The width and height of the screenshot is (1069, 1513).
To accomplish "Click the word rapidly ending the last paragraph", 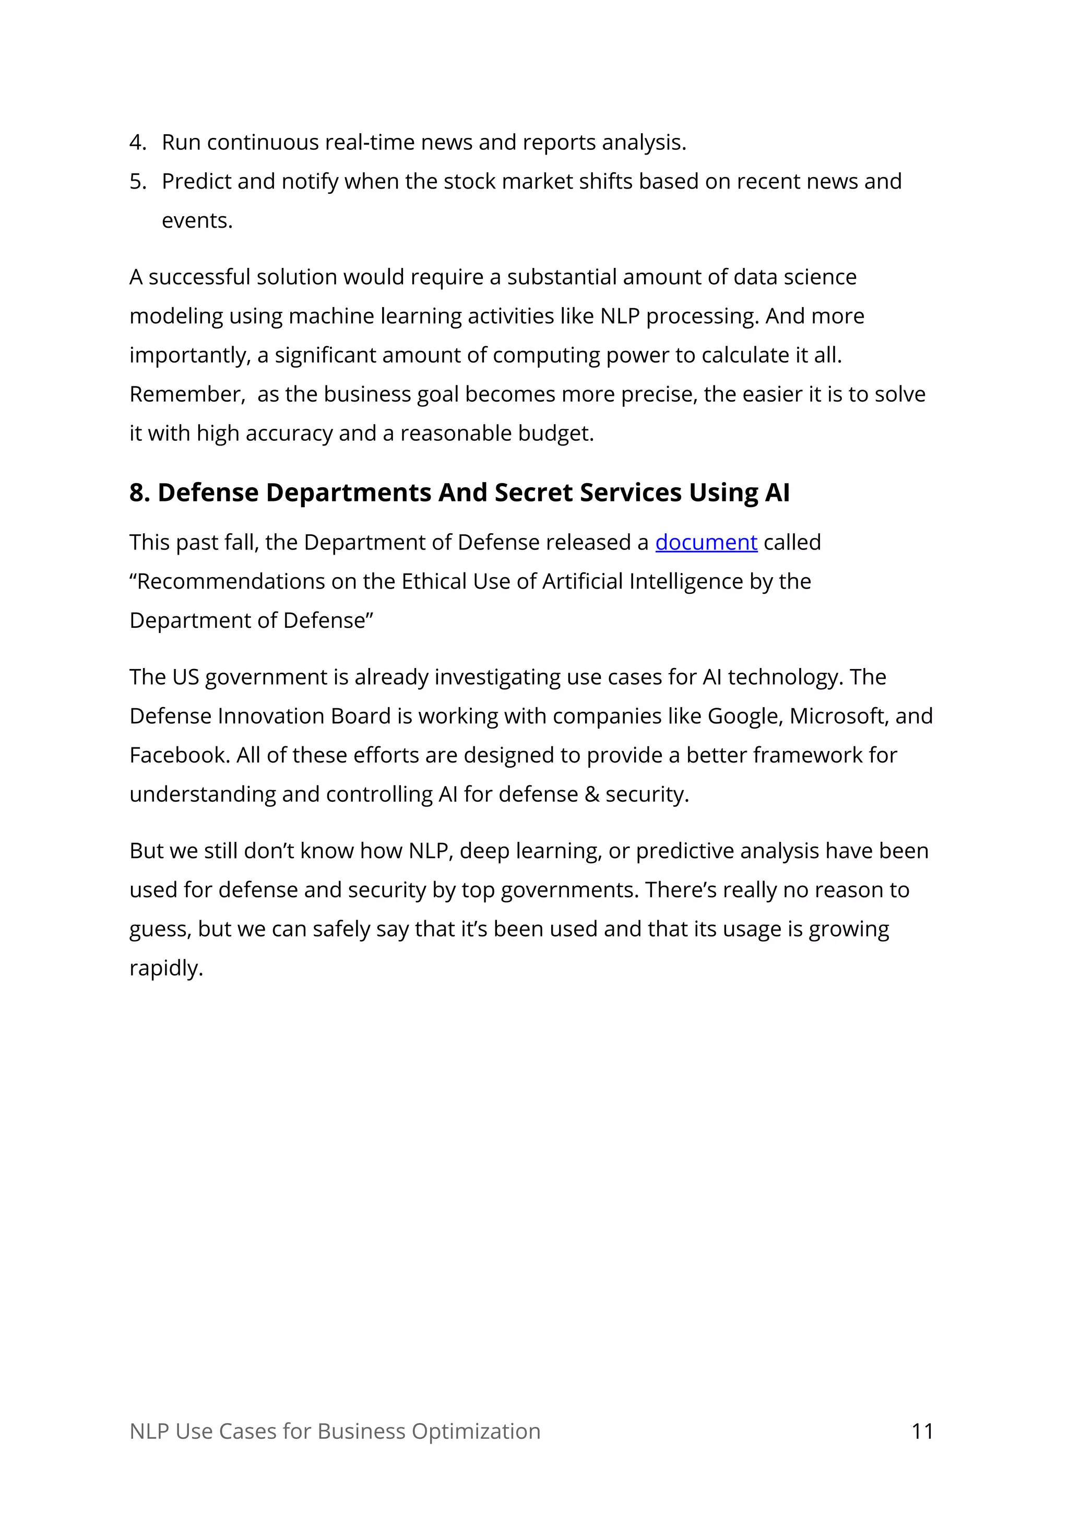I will tap(166, 968).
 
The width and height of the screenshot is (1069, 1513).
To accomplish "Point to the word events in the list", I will tap(197, 220).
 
